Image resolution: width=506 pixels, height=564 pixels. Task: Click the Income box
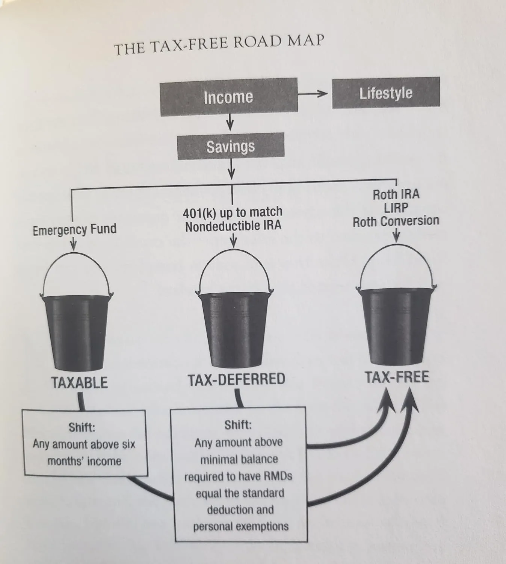point(229,97)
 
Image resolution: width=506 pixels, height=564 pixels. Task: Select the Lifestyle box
point(386,93)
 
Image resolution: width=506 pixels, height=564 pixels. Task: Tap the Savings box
point(231,146)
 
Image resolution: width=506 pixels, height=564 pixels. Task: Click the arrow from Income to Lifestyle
point(313,94)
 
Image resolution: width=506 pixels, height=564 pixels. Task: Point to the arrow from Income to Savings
point(230,122)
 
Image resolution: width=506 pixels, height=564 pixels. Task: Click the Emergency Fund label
point(74,230)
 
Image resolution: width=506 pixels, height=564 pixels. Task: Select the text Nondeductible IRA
point(233,226)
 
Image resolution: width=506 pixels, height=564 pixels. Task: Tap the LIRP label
point(396,208)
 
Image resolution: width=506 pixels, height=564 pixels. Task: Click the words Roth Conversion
point(396,221)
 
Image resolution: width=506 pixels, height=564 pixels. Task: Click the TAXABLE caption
point(80,382)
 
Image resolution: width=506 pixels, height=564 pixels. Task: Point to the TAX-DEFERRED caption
point(236,379)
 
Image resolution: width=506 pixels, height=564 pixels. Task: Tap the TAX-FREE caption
point(397,377)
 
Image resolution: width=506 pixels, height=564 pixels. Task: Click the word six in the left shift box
point(128,444)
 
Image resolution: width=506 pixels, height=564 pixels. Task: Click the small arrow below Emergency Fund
point(73,244)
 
